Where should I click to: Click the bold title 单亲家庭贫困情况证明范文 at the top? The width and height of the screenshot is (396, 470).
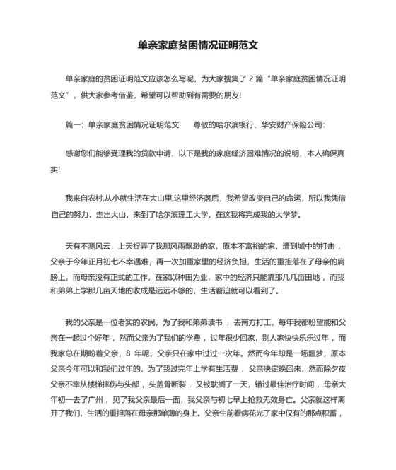[x=197, y=44]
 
